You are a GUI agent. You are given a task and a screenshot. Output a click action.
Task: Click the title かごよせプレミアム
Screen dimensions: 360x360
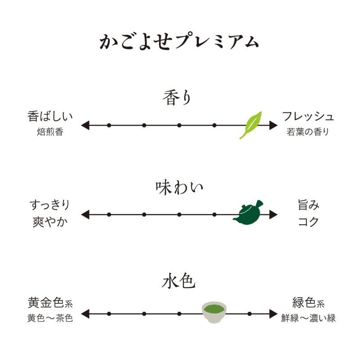179,42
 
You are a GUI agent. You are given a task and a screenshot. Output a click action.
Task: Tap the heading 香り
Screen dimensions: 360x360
177,98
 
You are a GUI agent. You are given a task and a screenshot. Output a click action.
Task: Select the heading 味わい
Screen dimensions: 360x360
179,188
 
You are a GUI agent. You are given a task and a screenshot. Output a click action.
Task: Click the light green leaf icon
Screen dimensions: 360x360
251,125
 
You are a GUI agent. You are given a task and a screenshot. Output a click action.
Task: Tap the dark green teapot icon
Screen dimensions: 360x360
248,212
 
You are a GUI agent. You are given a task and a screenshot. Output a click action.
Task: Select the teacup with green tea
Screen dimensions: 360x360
214,312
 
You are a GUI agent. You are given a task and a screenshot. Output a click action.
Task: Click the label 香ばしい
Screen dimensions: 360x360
50,117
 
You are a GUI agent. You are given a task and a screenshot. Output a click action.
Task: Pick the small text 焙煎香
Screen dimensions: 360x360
50,132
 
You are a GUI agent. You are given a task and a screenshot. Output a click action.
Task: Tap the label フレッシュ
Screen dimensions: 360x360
308,116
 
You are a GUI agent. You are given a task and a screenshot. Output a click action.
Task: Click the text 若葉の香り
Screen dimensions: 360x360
308,132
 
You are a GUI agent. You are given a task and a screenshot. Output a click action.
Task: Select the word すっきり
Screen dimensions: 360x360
50,205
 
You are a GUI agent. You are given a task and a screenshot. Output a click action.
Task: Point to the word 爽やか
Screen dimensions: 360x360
50,222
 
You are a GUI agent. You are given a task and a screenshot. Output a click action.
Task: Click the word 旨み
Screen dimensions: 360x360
309,205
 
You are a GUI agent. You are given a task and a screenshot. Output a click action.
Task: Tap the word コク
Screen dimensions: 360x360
308,222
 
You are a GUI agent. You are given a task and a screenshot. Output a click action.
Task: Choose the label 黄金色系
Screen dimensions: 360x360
50,302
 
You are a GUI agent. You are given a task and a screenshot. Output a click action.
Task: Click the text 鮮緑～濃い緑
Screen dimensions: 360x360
308,318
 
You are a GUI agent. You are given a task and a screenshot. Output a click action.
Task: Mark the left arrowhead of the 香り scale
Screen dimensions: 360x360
85,126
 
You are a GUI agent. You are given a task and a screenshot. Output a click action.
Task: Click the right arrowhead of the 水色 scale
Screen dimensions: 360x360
273,314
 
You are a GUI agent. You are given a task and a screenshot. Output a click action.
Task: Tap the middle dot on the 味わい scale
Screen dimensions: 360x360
179,215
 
